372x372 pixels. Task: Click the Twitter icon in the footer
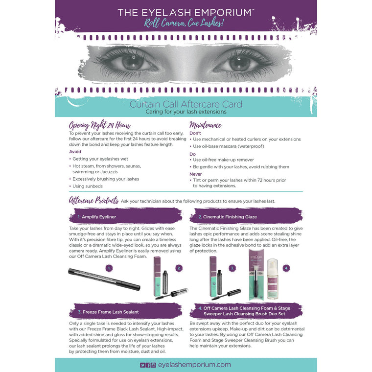(142, 365)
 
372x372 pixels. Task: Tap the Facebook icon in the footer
(148, 365)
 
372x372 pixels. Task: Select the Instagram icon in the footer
(153, 365)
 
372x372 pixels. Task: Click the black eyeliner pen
(104, 278)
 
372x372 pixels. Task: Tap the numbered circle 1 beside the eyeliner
(109, 268)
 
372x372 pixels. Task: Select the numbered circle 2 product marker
(179, 268)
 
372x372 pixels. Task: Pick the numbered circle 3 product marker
(233, 268)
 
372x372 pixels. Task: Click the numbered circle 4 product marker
(286, 268)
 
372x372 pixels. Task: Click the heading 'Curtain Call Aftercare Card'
(186, 104)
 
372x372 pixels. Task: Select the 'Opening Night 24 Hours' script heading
(100, 125)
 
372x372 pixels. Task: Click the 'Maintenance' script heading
(205, 125)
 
